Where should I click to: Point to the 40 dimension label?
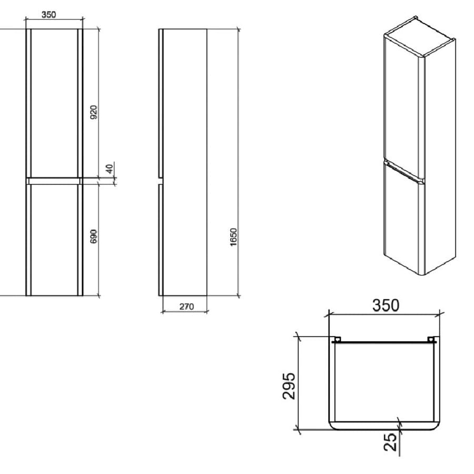click(109, 169)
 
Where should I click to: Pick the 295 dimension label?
click(289, 386)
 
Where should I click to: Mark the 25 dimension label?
click(391, 441)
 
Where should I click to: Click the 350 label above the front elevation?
click(49, 15)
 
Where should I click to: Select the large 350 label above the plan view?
click(386, 305)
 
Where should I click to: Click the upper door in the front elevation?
click(54, 103)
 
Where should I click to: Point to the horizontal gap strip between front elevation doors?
click(54, 180)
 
